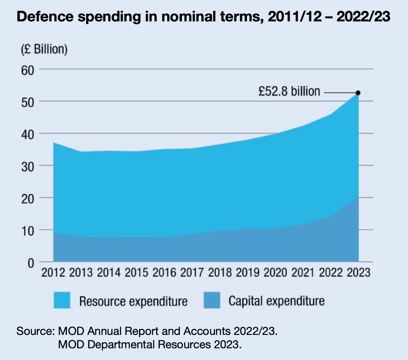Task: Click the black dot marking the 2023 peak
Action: [x=358, y=93]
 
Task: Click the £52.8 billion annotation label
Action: [x=289, y=91]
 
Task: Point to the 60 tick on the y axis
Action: [x=28, y=70]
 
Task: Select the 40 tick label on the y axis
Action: [x=28, y=134]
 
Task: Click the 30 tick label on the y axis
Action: [x=28, y=166]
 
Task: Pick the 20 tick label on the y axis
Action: [x=28, y=198]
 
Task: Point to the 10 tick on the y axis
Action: [x=28, y=231]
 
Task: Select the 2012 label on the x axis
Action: [x=53, y=273]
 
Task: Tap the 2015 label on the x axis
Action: [x=137, y=273]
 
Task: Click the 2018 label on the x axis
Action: [x=220, y=273]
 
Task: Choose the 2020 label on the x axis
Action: [x=275, y=273]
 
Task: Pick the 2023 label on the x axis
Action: [x=358, y=273]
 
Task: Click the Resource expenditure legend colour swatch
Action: [x=62, y=300]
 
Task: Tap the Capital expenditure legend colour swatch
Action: [x=212, y=300]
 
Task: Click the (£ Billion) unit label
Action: [x=44, y=49]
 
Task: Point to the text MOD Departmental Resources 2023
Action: [x=150, y=344]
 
